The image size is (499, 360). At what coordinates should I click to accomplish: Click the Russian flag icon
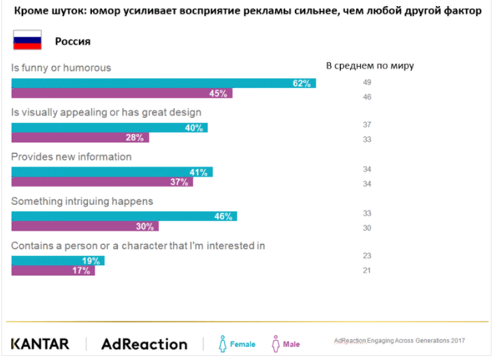(27, 40)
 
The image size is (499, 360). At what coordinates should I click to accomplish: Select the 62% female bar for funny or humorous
(163, 83)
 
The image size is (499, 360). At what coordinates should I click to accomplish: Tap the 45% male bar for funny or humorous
(122, 93)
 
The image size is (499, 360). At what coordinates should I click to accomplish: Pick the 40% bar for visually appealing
(110, 127)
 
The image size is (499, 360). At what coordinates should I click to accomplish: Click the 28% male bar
(80, 137)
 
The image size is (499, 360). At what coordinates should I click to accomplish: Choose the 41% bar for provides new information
(112, 171)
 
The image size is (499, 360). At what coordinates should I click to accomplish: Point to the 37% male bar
(102, 182)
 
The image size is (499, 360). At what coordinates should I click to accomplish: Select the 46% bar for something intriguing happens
(124, 216)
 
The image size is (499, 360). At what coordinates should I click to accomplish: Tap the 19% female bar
(58, 261)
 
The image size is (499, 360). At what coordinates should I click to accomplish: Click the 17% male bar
(53, 270)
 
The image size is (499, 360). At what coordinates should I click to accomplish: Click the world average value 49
(367, 82)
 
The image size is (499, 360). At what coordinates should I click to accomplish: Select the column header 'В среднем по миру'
(370, 66)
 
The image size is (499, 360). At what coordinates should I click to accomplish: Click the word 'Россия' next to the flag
(73, 41)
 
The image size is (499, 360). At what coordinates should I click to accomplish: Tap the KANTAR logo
(39, 344)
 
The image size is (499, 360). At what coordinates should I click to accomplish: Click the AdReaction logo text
(144, 344)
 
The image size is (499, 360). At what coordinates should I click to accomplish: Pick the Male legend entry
(286, 344)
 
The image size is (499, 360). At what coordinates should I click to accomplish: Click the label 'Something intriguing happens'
(82, 201)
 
